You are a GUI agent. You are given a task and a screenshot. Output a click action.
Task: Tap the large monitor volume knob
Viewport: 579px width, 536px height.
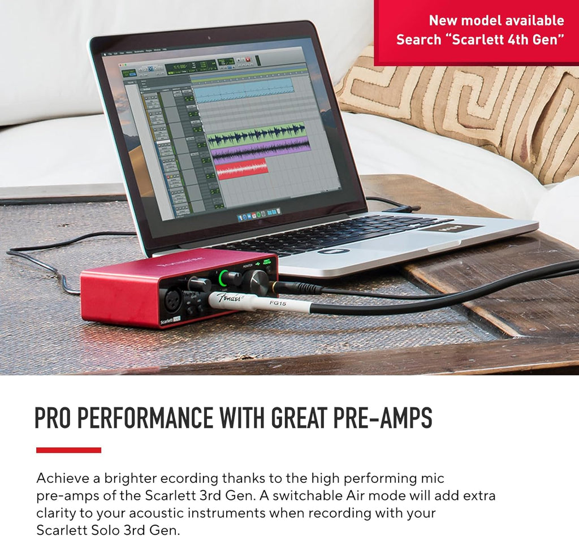[257, 280]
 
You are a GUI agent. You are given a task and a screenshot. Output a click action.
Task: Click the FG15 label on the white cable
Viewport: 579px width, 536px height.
[278, 303]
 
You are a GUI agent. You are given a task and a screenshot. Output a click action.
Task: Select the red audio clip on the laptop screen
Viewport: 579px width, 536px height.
[242, 168]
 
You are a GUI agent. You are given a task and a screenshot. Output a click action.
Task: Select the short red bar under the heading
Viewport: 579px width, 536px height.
[68, 450]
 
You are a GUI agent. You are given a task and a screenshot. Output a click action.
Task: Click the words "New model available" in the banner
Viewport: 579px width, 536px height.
[496, 20]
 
